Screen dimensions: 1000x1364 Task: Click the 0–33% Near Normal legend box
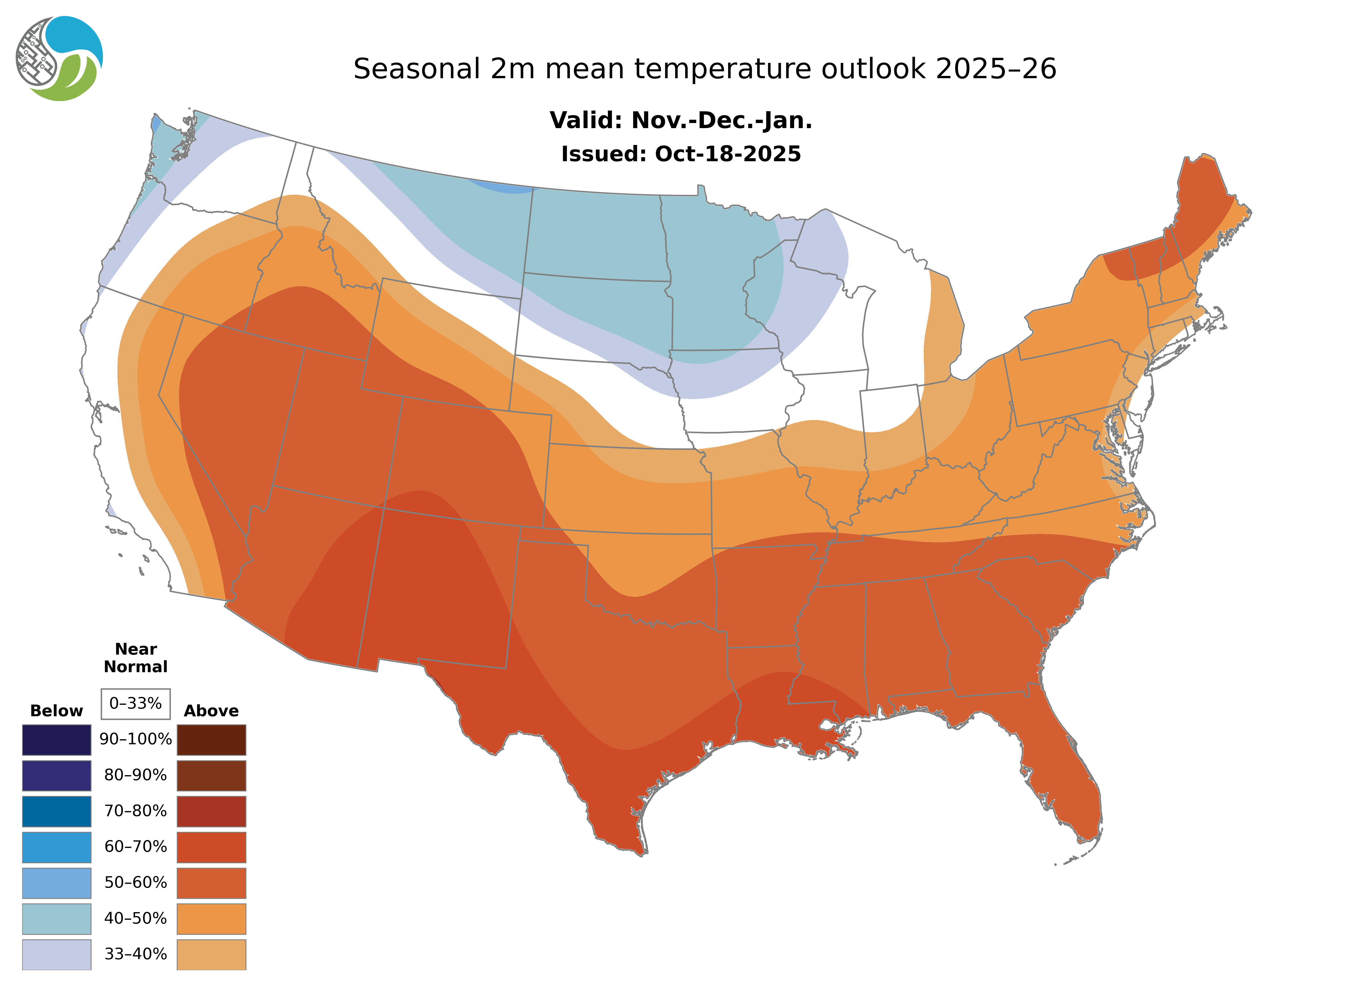coord(136,704)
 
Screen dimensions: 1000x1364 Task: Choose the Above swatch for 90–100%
coord(211,740)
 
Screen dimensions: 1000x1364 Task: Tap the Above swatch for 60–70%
coord(211,847)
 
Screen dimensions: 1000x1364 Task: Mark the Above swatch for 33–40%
coord(211,954)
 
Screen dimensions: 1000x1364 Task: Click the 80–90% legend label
coord(136,775)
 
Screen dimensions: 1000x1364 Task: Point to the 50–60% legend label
coord(136,883)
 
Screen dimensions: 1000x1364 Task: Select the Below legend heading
coord(56,711)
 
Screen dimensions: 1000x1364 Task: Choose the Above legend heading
coord(211,711)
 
